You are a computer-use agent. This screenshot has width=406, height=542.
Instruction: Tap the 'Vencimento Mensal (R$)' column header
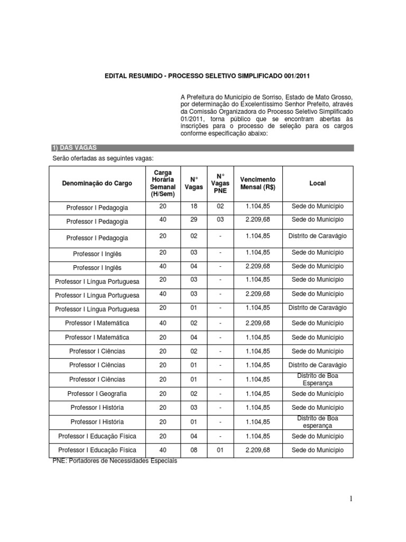point(257,183)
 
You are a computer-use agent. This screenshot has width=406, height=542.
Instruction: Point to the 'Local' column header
point(317,183)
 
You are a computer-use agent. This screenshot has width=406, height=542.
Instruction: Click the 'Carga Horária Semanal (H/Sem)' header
point(162,183)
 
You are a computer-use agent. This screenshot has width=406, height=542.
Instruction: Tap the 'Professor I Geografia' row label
point(97,394)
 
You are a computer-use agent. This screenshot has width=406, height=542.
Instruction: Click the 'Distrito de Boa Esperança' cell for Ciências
point(317,379)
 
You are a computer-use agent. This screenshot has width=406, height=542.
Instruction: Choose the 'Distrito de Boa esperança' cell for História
point(317,421)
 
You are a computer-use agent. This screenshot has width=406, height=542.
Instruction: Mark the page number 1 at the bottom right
point(350,498)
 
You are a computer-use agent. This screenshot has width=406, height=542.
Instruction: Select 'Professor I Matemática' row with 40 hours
point(97,323)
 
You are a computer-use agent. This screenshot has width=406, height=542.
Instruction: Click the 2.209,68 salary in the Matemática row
point(257,323)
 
